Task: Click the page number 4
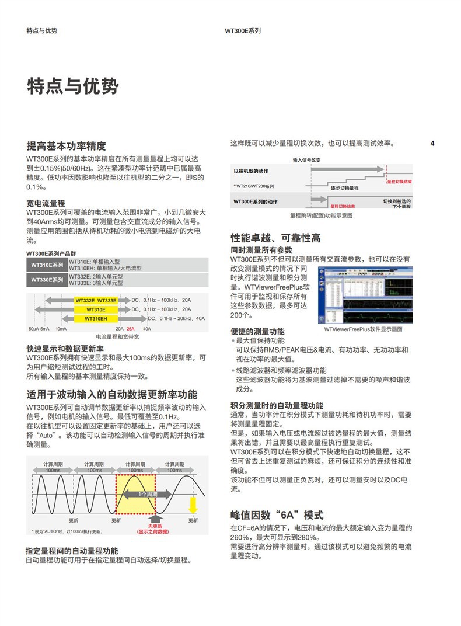(x=432, y=144)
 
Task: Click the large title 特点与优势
(x=73, y=86)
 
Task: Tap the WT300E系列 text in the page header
(x=243, y=31)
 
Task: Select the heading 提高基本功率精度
(x=67, y=146)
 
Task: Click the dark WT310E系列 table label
(x=47, y=265)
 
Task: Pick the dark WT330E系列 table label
(x=47, y=280)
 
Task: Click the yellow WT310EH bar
(x=96, y=318)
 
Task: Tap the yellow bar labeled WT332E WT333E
(x=96, y=300)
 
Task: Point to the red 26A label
(x=131, y=329)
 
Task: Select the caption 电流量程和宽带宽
(x=117, y=337)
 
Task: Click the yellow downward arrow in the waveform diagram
(x=193, y=503)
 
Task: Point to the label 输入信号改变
(x=306, y=159)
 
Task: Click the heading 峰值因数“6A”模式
(x=277, y=514)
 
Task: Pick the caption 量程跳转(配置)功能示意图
(x=322, y=215)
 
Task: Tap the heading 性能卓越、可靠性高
(x=275, y=238)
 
